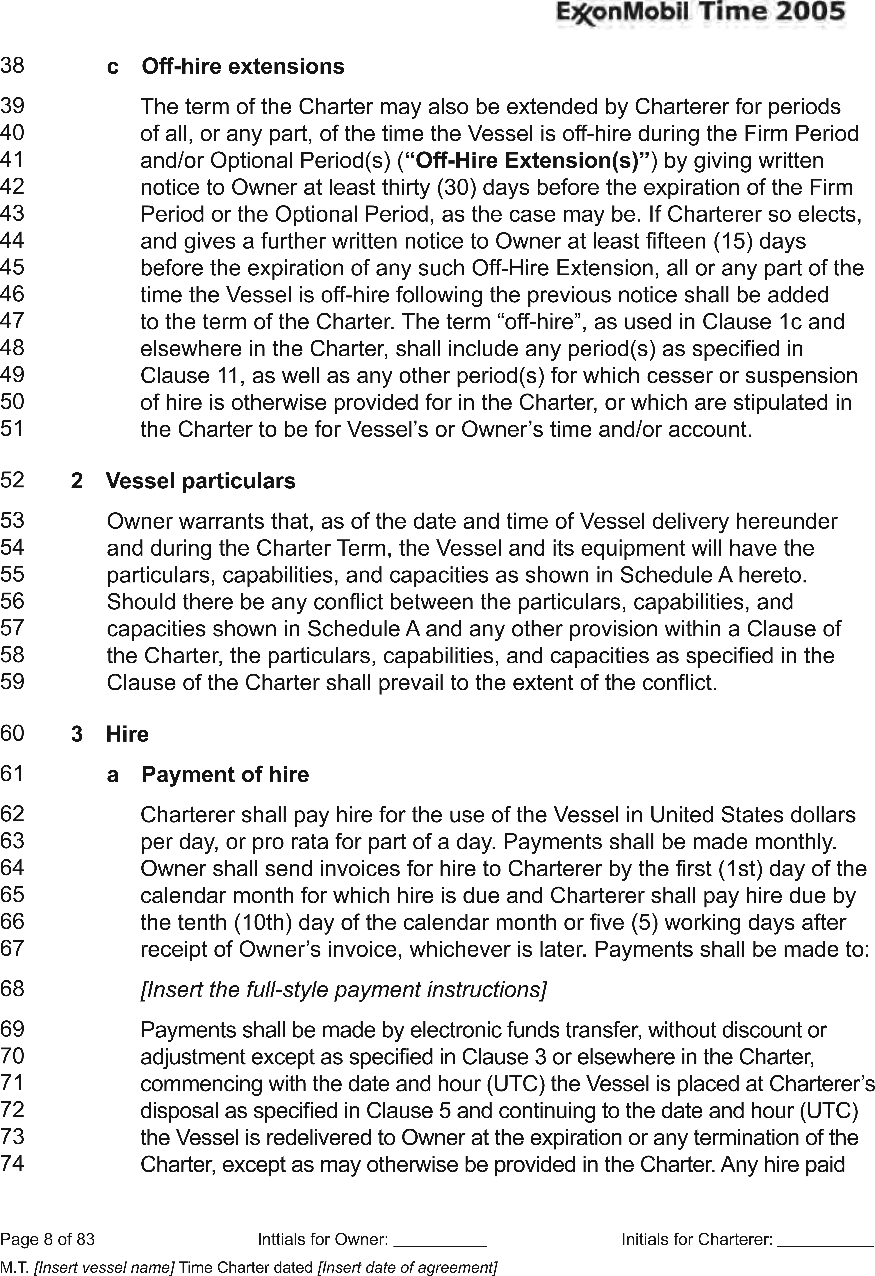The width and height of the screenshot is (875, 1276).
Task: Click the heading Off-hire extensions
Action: pyautogui.click(x=243, y=66)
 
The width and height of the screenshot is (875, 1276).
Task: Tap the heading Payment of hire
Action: pyautogui.click(x=225, y=774)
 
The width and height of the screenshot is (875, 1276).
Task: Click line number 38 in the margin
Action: pyautogui.click(x=12, y=65)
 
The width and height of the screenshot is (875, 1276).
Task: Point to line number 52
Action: pyautogui.click(x=12, y=480)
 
